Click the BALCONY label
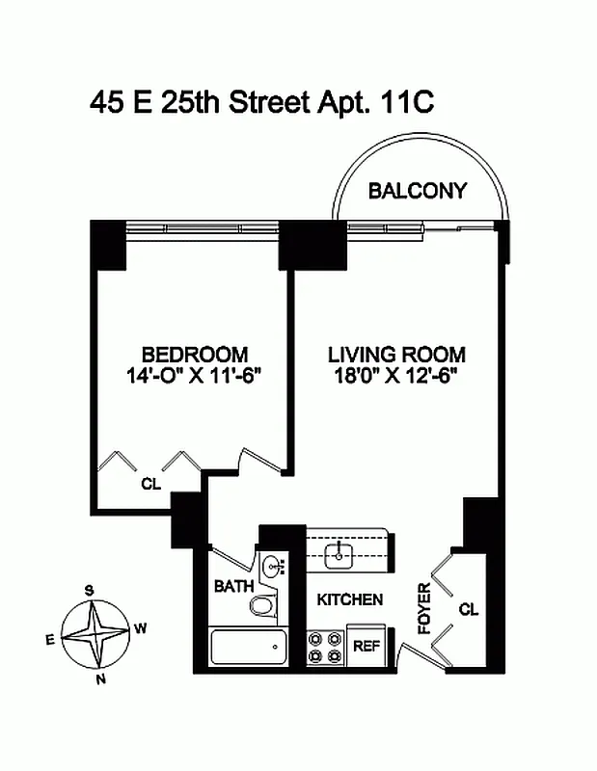(417, 191)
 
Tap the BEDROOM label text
(194, 355)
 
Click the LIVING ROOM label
(395, 355)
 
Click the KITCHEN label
(350, 599)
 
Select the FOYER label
(424, 608)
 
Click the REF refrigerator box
(366, 647)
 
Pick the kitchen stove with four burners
(325, 647)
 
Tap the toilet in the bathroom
(262, 604)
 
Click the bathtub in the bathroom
(248, 647)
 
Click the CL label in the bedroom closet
(150, 484)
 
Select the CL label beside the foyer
(468, 609)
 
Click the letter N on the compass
(100, 678)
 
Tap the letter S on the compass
(89, 591)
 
